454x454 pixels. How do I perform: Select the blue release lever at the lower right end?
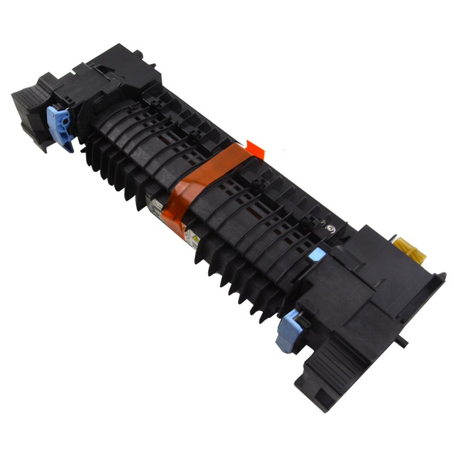(285, 335)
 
